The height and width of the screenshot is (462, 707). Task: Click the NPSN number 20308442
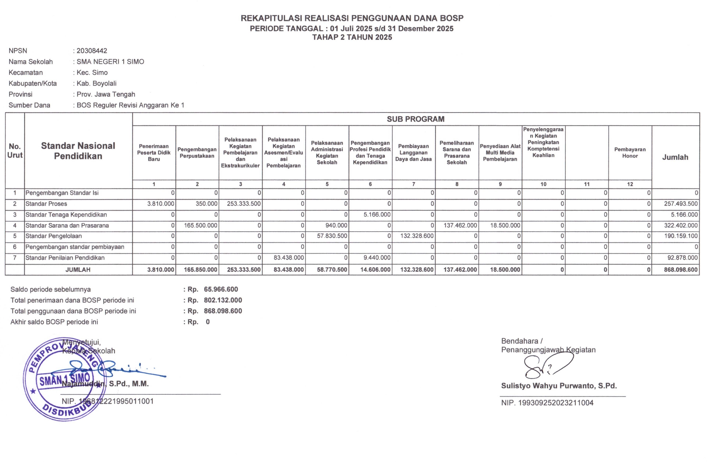[x=92, y=51]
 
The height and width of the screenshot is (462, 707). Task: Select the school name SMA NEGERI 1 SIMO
[x=110, y=62]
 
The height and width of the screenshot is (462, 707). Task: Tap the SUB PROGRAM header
[x=415, y=119]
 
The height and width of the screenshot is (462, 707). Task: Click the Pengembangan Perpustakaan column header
[x=197, y=153]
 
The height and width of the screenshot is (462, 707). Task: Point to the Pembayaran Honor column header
[x=630, y=153]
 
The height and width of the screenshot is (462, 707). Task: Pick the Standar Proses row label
[x=46, y=204]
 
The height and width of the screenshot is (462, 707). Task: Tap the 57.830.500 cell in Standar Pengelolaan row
[x=332, y=236]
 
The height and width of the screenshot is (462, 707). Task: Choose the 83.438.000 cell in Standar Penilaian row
[x=288, y=258]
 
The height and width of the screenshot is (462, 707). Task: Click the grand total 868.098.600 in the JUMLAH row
[x=681, y=270]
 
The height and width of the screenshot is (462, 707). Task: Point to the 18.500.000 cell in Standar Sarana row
[x=505, y=226]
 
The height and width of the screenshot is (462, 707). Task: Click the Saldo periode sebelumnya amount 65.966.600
[x=221, y=290]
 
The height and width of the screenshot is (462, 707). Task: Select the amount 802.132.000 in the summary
[x=223, y=300]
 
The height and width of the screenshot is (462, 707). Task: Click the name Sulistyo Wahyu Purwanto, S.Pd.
[x=559, y=386]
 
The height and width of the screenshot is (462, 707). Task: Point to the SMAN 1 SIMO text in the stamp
[x=65, y=380]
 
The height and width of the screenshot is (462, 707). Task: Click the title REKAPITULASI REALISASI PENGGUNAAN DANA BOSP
[x=352, y=18]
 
